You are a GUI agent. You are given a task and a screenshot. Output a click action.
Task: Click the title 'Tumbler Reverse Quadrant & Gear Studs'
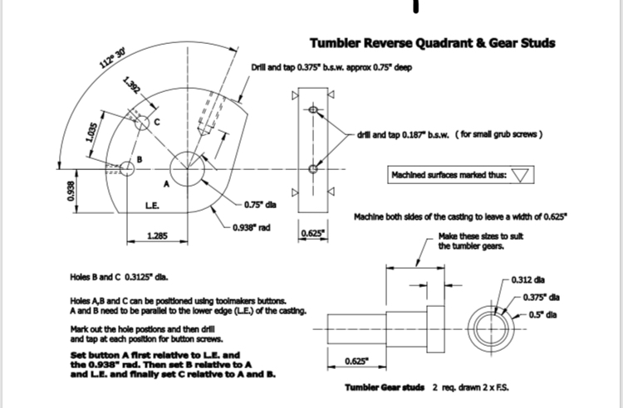point(432,43)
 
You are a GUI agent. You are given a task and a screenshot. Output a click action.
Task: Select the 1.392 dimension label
point(132,86)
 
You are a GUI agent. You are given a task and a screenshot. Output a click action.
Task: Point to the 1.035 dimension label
point(94,134)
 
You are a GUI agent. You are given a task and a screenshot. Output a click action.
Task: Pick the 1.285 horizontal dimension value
point(157,236)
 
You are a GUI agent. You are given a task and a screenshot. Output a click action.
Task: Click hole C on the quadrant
point(142,123)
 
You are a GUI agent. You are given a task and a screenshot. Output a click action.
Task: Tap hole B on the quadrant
point(127,168)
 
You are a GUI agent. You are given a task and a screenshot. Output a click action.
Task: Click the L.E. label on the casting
point(152,205)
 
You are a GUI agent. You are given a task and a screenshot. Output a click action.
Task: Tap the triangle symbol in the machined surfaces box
point(521,175)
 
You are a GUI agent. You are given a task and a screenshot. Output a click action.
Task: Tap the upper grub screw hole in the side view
point(313,109)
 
